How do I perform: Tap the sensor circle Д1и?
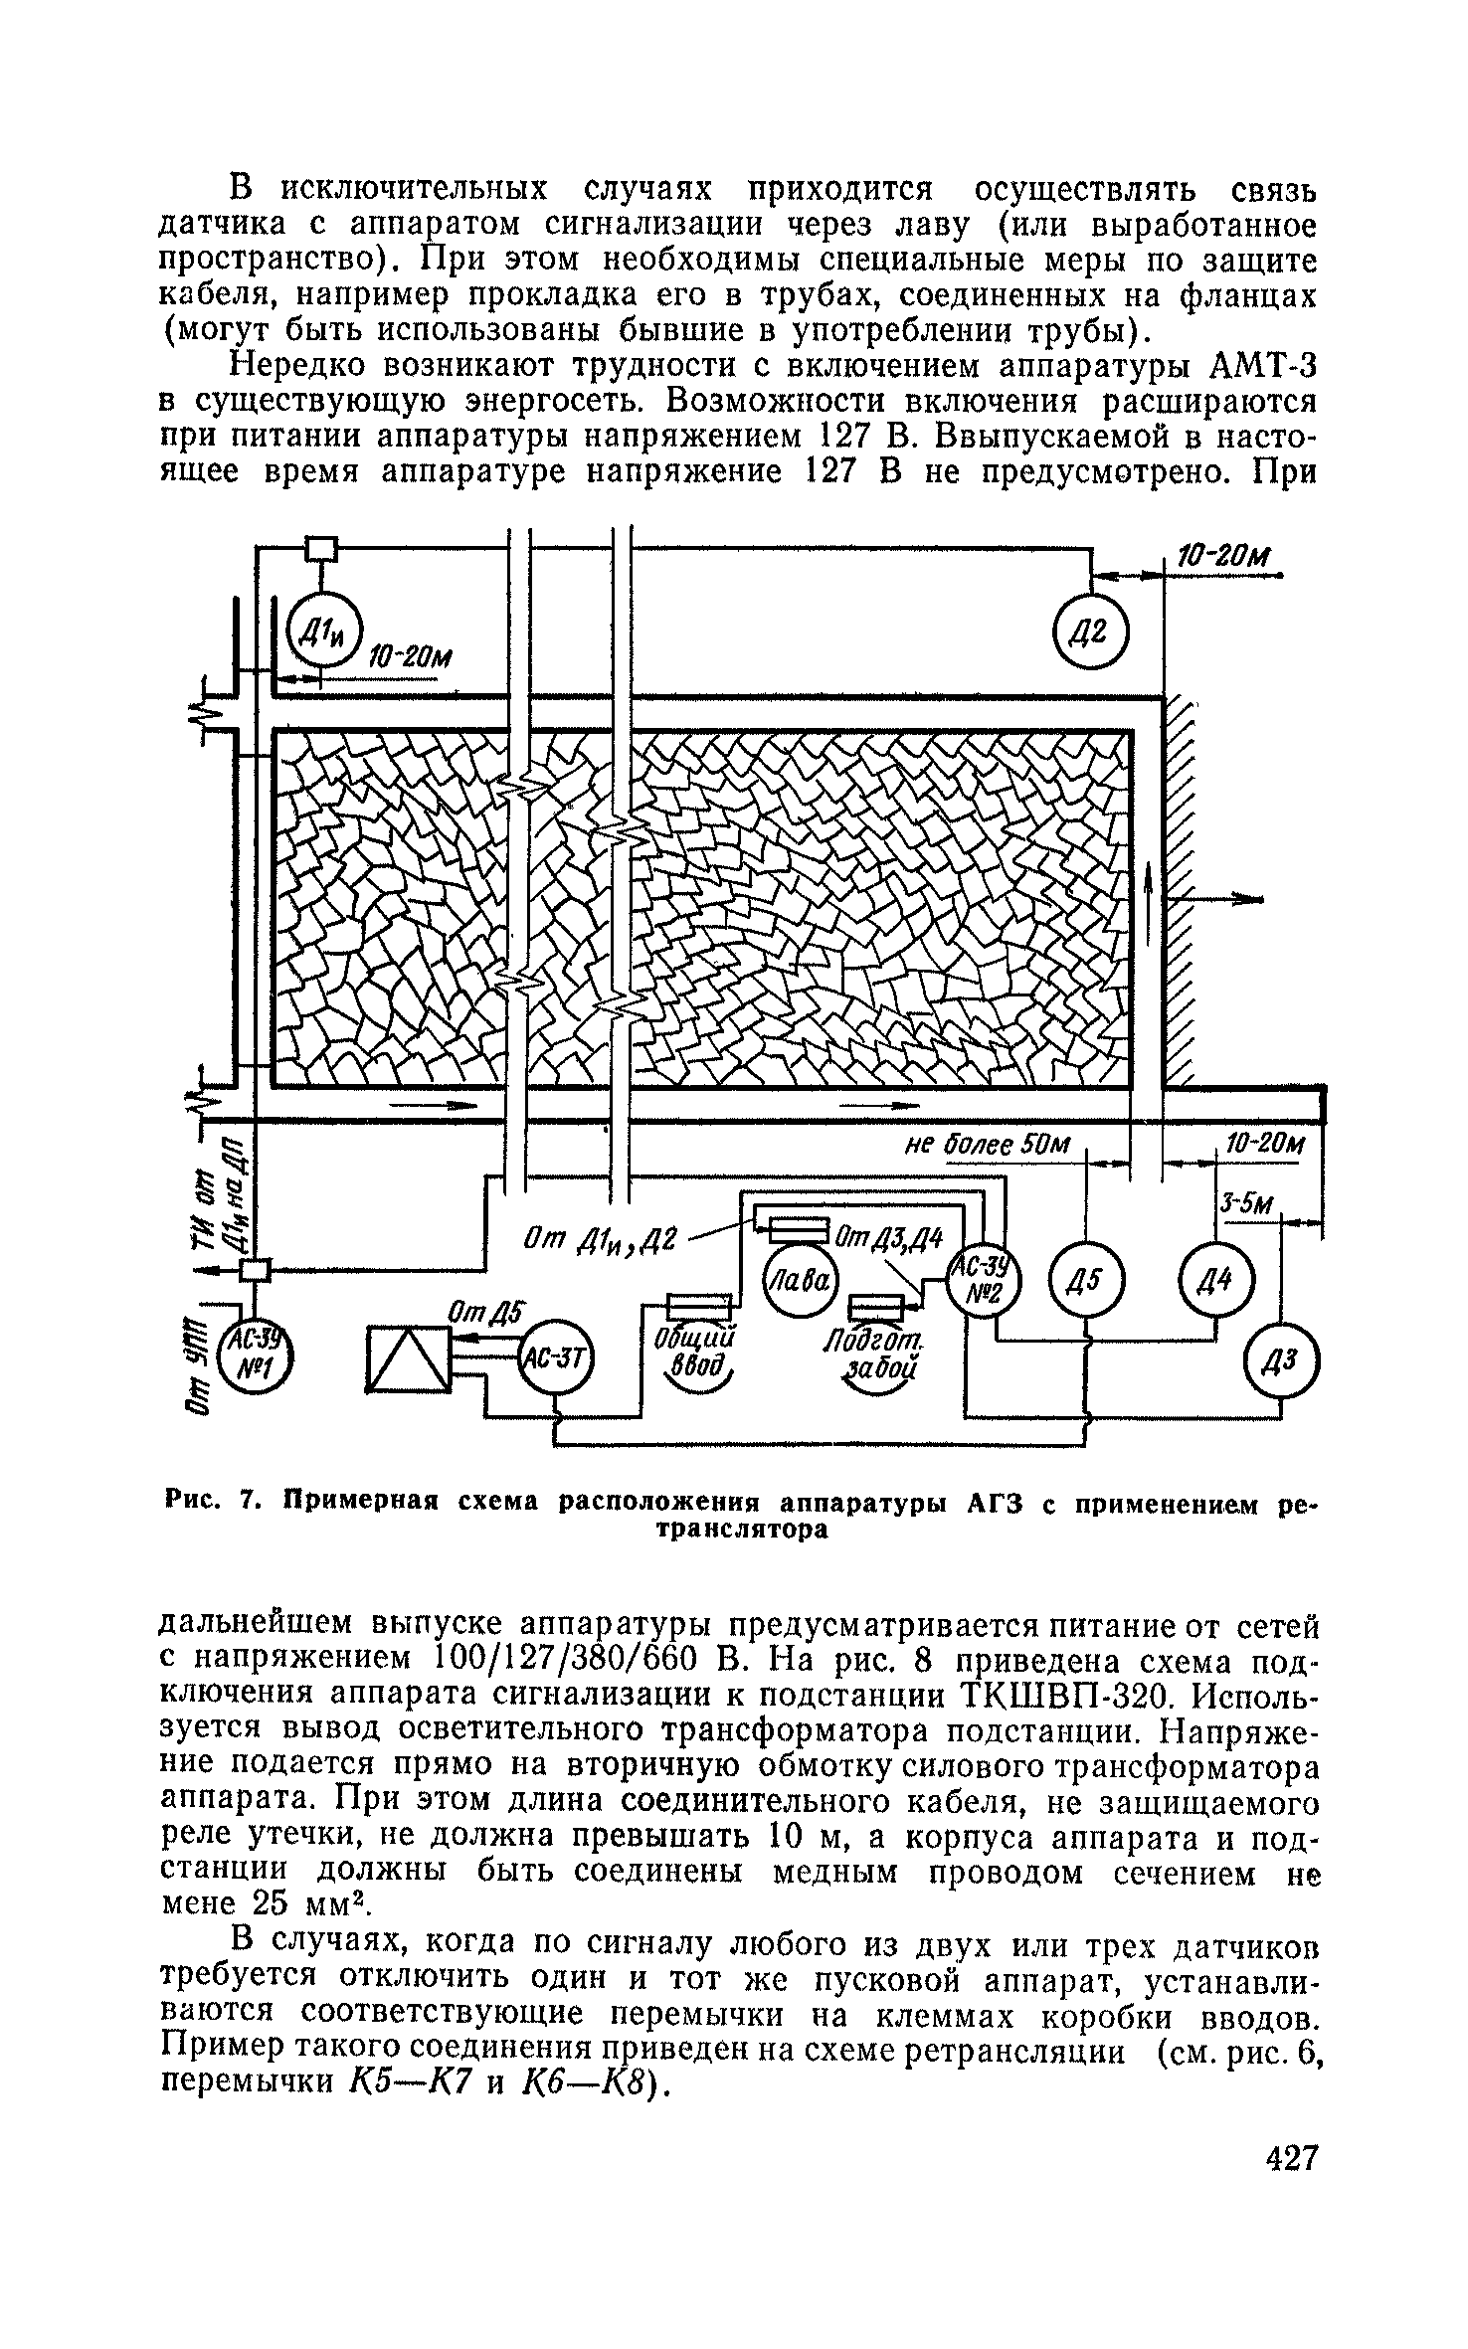pos(320,632)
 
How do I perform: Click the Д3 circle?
pos(1282,1364)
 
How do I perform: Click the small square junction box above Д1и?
pos(320,548)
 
